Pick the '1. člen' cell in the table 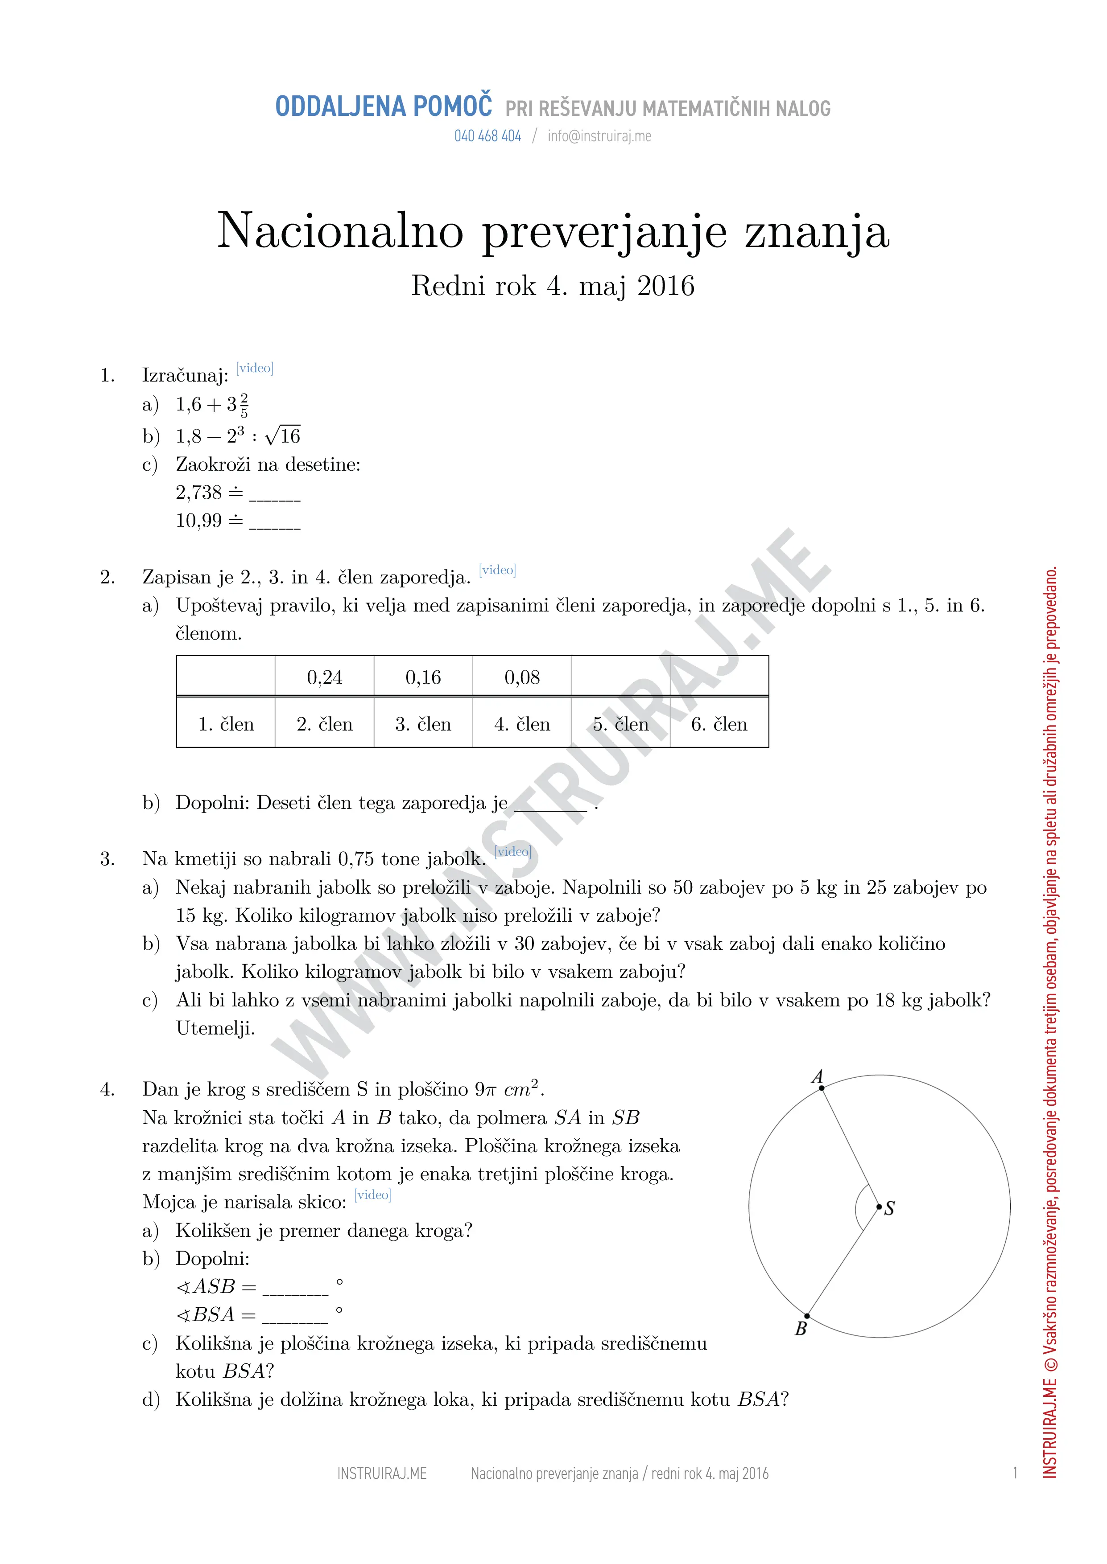pyautogui.click(x=226, y=724)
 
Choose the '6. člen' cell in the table pyautogui.click(x=719, y=724)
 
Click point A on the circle pyautogui.click(x=822, y=1088)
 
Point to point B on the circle pyautogui.click(x=807, y=1316)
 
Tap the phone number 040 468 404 pyautogui.click(x=487, y=136)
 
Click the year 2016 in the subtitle pyautogui.click(x=666, y=286)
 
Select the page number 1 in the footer pyautogui.click(x=1015, y=1474)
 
